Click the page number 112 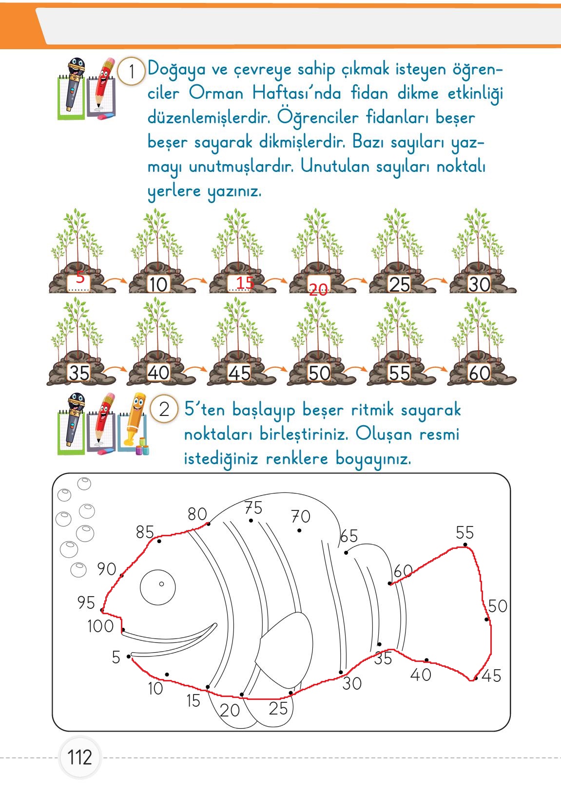tap(79, 757)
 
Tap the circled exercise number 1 tap(131, 72)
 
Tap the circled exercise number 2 tap(164, 409)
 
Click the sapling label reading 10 tap(158, 284)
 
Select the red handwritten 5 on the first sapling tap(80, 277)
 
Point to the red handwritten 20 tap(318, 291)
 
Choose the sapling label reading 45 tap(239, 374)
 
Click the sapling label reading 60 tap(480, 374)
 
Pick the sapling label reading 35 tap(79, 374)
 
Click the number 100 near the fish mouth tap(100, 626)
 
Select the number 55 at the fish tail tap(464, 533)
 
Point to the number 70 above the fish tap(301, 516)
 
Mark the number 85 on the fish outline tap(145, 532)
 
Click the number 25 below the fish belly tap(278, 709)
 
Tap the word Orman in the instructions tap(216, 93)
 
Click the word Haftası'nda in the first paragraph tap(296, 93)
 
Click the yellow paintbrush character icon tap(135, 422)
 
